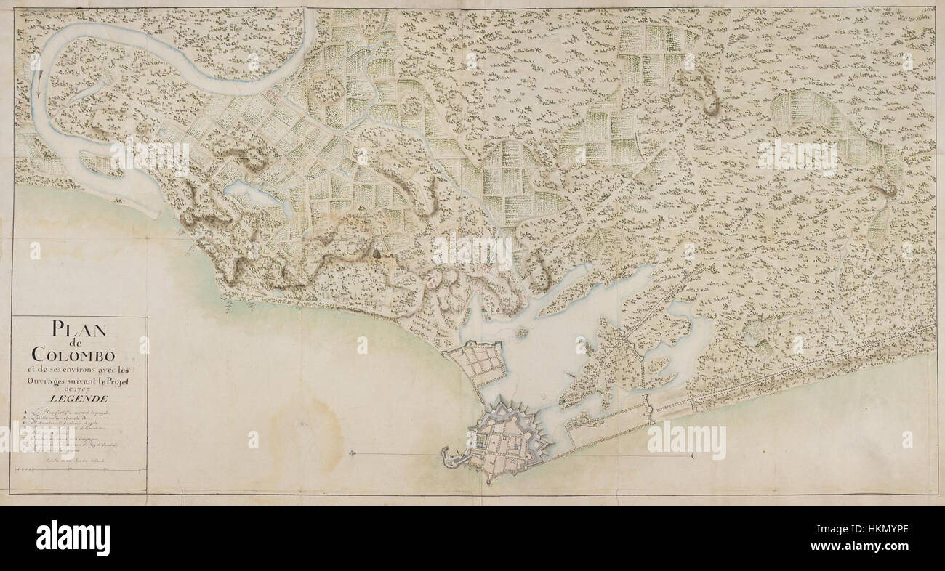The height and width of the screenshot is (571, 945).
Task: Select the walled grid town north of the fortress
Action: click(477, 362)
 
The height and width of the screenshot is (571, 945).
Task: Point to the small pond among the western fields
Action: click(251, 195)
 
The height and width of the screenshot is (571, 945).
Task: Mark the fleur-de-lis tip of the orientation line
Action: click(352, 455)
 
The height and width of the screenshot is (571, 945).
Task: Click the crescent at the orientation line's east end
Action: click(693, 456)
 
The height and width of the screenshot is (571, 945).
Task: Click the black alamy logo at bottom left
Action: click(73, 538)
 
